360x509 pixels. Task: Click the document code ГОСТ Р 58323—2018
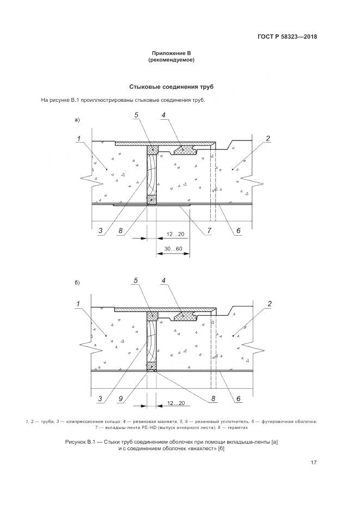(x=287, y=36)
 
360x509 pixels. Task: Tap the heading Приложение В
(x=172, y=53)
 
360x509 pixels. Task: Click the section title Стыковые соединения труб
(x=171, y=87)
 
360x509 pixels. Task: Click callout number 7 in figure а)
(x=210, y=230)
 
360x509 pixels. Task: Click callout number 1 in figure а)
(x=79, y=139)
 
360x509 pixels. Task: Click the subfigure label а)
(x=77, y=119)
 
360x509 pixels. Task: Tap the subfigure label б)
(x=77, y=284)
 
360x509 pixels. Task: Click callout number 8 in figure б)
(x=213, y=398)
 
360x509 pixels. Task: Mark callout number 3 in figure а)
(x=100, y=231)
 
